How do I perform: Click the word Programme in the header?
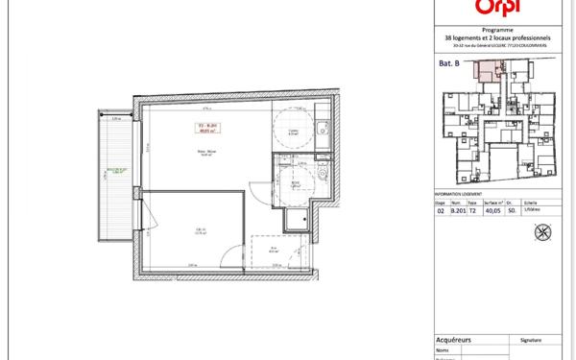pyautogui.click(x=494, y=30)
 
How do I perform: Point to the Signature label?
pyautogui.click(x=530, y=338)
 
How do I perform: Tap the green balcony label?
pyautogui.click(x=110, y=176)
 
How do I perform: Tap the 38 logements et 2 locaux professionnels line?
pyautogui.click(x=494, y=38)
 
